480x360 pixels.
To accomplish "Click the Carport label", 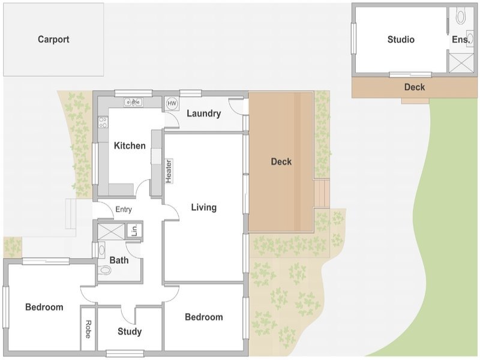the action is point(53,40).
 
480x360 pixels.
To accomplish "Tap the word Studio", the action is point(401,40).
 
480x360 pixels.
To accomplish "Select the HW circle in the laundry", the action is point(172,103).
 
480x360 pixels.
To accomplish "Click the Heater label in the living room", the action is point(169,172).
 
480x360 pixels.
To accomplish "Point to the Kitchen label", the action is point(130,146).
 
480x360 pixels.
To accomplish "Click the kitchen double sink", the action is point(133,102).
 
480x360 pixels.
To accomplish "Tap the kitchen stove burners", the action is point(103,122).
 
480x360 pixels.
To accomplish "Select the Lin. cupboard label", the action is point(134,230).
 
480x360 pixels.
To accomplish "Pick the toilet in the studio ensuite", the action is point(460,16).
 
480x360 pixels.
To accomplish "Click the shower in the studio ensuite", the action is point(461,63).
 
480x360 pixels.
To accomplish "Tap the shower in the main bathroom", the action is point(111,231).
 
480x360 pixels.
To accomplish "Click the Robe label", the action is point(88,329).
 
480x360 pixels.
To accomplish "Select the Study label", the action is point(130,332).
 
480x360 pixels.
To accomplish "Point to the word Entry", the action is point(124,209).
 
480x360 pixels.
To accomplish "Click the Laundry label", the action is point(204,113).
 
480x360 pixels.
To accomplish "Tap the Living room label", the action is point(204,207).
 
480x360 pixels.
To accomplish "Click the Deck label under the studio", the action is point(415,87).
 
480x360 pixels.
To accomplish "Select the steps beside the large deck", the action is point(322,193).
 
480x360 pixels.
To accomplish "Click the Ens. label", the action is point(461,40).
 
